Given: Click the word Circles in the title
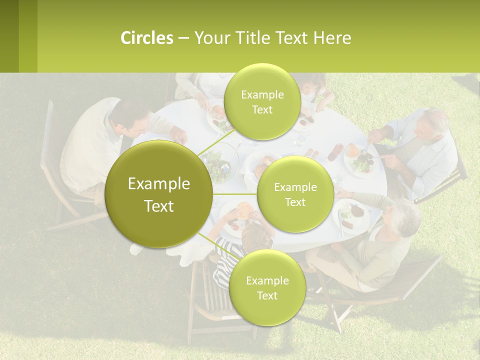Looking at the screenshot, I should tap(146, 38).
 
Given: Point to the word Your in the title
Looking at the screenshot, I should tap(213, 38).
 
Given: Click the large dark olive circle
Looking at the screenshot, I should tap(159, 194).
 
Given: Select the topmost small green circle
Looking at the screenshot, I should tap(262, 101).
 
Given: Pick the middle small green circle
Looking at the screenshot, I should tap(295, 194).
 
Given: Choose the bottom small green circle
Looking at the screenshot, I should tap(266, 287).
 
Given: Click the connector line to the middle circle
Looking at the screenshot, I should tap(235, 194).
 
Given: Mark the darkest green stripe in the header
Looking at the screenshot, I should tap(9, 36).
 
